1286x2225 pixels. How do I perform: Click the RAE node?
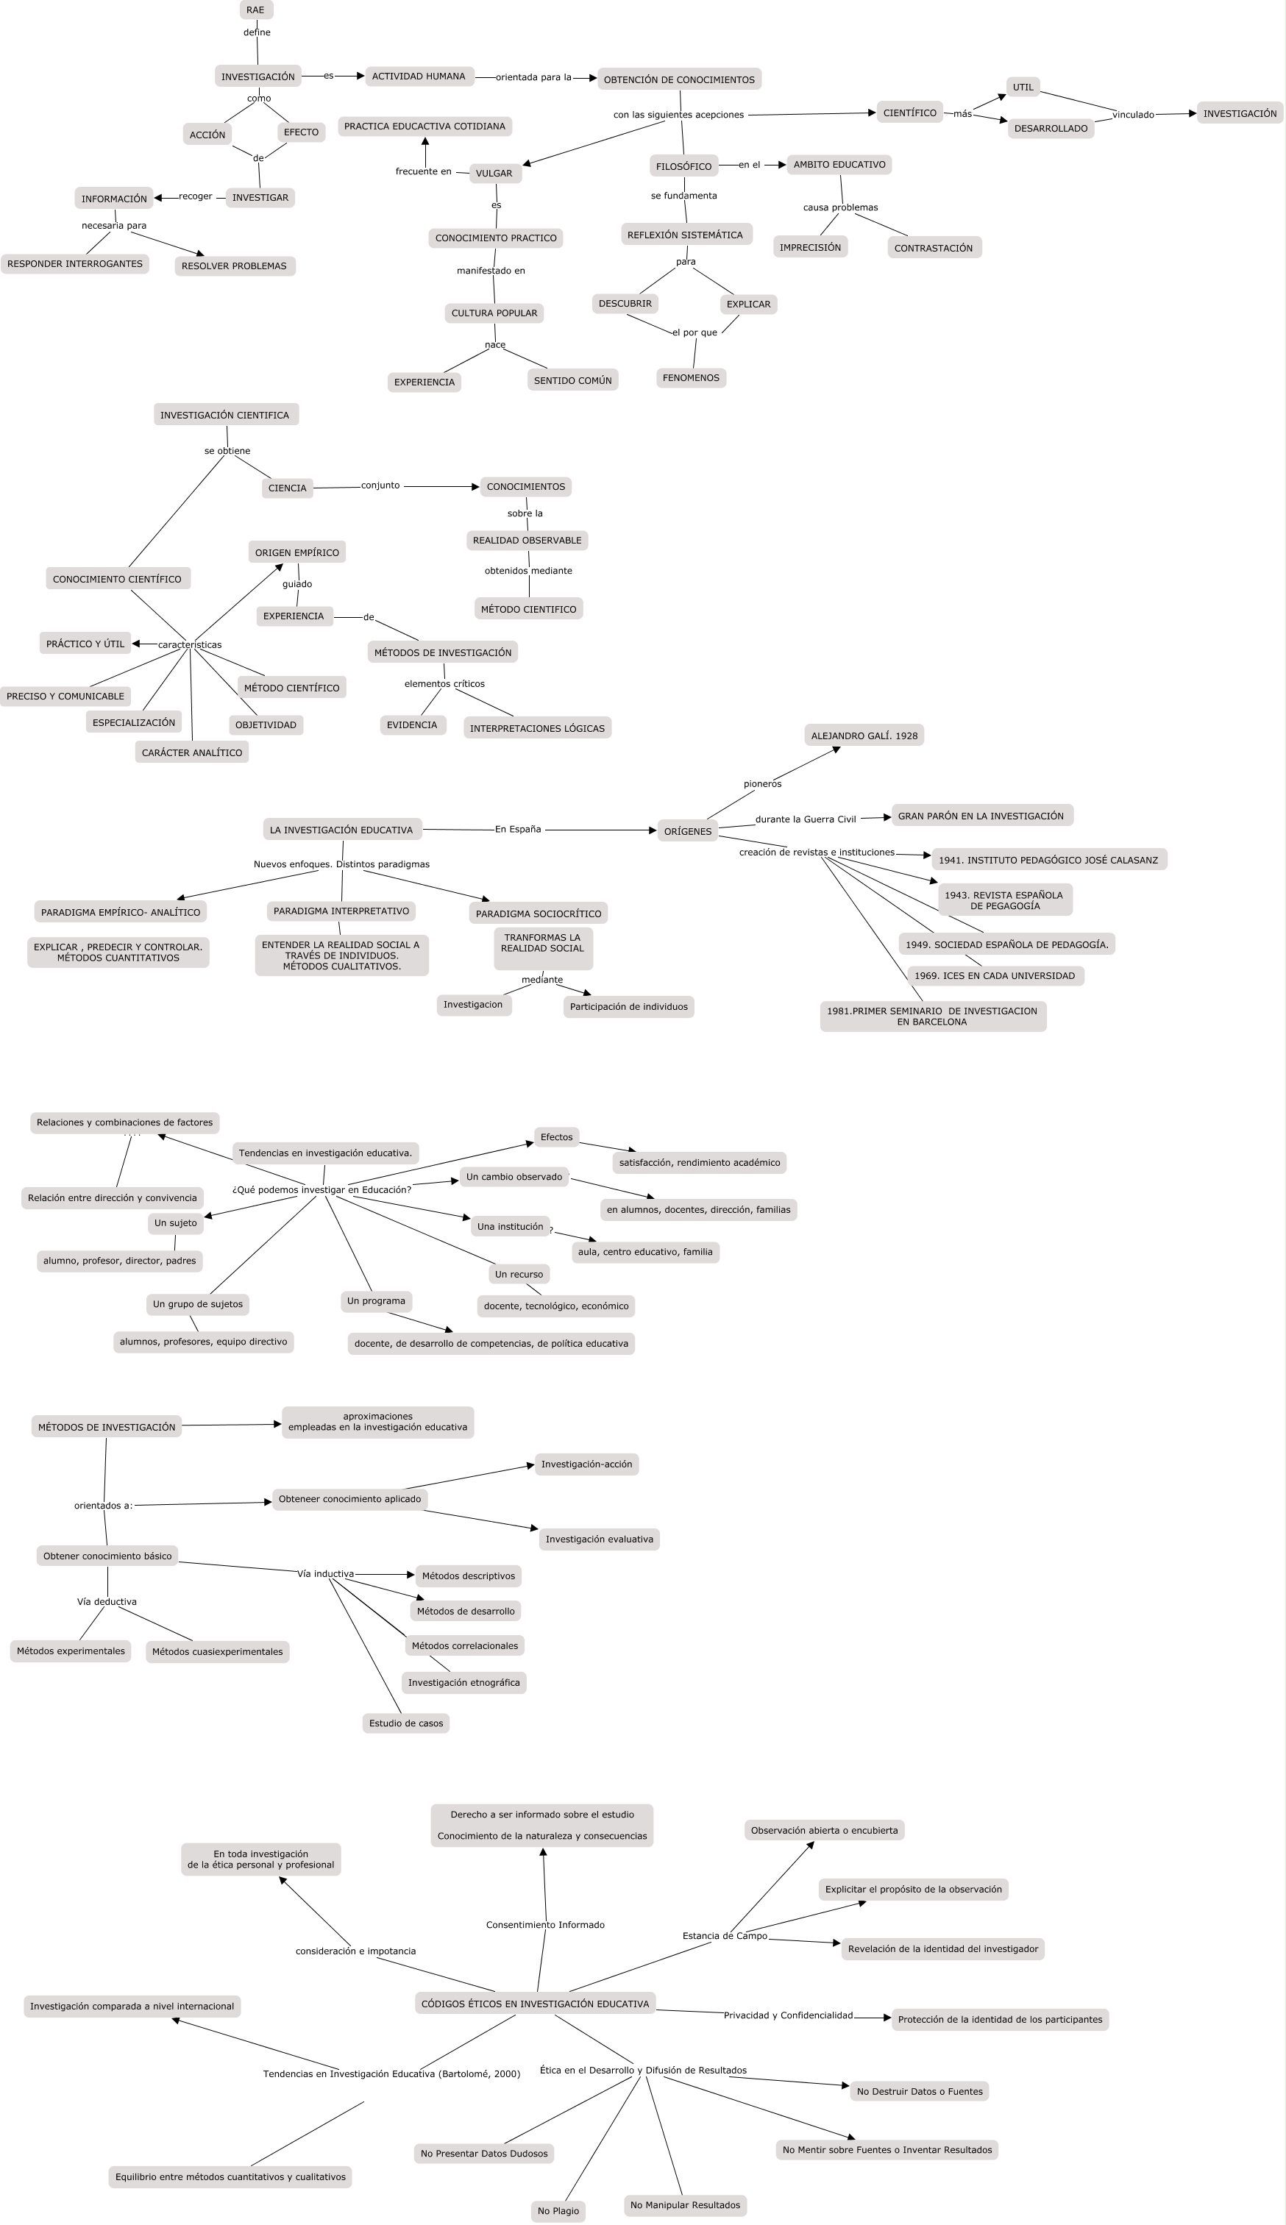255,10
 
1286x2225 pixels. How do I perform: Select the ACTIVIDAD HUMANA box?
419,76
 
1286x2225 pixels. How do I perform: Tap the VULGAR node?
494,173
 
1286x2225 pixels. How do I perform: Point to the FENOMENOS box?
691,378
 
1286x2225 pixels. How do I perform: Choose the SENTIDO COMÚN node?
572,380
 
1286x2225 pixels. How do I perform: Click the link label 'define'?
257,32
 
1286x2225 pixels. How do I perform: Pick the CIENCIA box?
287,488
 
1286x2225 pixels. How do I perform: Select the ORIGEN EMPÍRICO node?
296,552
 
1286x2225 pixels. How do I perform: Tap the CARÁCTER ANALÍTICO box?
192,753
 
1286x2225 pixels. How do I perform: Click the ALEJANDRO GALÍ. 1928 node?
864,736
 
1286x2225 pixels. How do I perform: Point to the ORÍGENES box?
687,831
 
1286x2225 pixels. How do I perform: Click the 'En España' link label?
518,829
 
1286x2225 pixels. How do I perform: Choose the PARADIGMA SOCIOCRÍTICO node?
538,914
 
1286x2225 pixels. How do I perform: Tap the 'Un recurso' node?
519,1274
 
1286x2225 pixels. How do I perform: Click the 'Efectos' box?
556,1137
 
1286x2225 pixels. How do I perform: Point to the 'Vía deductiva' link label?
107,1602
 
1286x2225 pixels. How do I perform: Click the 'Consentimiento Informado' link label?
545,1925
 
